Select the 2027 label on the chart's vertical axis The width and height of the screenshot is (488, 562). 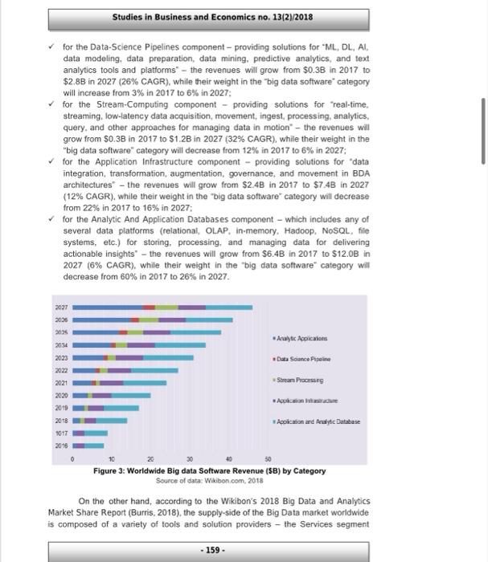tap(60, 307)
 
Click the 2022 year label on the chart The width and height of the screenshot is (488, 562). tap(60, 369)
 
